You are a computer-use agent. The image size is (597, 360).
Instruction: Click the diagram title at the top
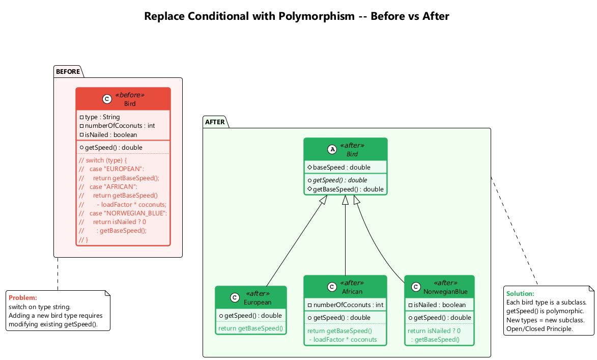pyautogui.click(x=297, y=16)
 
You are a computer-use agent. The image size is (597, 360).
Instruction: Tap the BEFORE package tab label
pyautogui.click(x=68, y=72)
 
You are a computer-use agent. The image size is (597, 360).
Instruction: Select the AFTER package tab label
pyautogui.click(x=215, y=122)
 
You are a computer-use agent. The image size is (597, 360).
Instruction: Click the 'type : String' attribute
pyautogui.click(x=102, y=117)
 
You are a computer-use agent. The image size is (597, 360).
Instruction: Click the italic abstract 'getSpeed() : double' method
pyautogui.click(x=340, y=180)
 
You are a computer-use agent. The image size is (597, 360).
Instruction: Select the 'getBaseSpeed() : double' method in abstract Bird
pyautogui.click(x=348, y=189)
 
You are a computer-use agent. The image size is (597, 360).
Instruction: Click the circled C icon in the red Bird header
pyautogui.click(x=106, y=99)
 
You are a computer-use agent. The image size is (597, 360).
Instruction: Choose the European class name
pyautogui.click(x=258, y=302)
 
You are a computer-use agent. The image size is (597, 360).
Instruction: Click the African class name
pyautogui.click(x=352, y=292)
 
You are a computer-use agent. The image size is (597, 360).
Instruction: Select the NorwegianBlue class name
pyautogui.click(x=445, y=292)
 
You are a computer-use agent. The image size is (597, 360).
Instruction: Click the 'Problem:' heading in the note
pyautogui.click(x=23, y=298)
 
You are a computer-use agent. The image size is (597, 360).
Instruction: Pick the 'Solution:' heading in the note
pyautogui.click(x=520, y=294)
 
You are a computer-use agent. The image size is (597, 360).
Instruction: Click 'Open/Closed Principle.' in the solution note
pyautogui.click(x=539, y=329)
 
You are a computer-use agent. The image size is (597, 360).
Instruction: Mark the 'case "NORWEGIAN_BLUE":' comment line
pyautogui.click(x=128, y=213)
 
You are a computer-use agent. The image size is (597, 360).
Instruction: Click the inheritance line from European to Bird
pyautogui.click(x=297, y=244)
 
